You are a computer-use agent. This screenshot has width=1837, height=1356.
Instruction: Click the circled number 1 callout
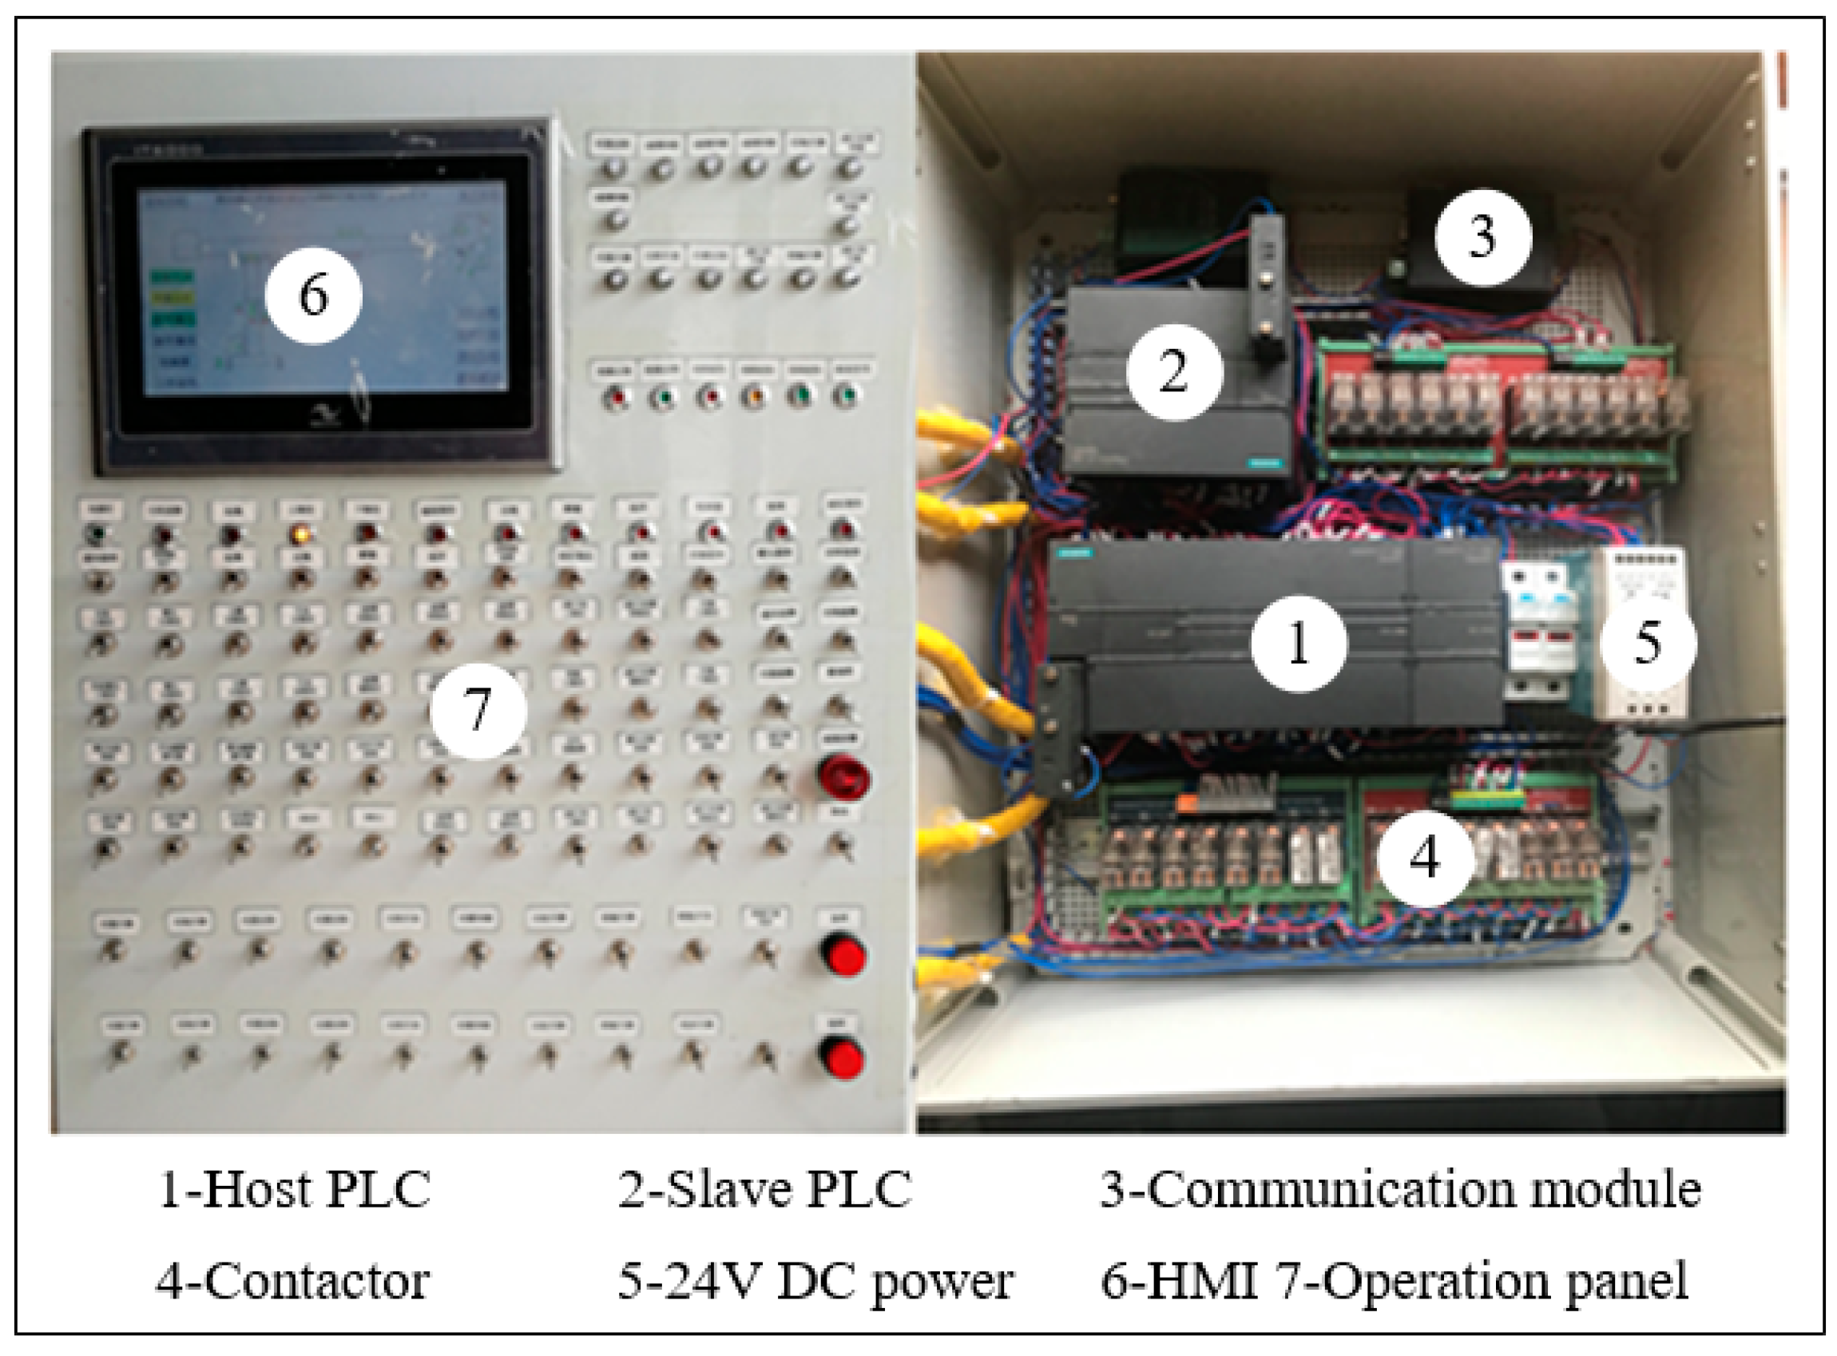[1299, 644]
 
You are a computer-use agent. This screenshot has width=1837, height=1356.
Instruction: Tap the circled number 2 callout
[1175, 372]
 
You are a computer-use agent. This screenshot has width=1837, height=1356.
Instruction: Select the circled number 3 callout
[1482, 237]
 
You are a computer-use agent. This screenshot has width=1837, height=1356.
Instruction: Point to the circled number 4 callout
[1424, 858]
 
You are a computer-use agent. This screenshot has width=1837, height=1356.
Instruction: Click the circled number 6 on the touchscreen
[314, 295]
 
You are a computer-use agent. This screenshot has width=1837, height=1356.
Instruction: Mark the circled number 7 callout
[478, 710]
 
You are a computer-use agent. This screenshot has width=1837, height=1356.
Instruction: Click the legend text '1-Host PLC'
[294, 1190]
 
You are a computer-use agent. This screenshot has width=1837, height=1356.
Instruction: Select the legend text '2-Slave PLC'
[764, 1190]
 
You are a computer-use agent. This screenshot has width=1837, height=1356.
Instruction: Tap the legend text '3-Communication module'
[1400, 1190]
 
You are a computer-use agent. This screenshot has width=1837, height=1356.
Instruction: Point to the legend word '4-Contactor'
[292, 1281]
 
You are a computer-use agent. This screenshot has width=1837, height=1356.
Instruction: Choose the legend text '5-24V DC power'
[815, 1281]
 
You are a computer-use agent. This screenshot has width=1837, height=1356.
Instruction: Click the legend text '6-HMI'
[1179, 1281]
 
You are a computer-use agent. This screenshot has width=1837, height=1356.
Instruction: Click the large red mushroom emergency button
[843, 776]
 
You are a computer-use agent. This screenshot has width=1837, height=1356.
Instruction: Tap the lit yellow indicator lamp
[301, 535]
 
